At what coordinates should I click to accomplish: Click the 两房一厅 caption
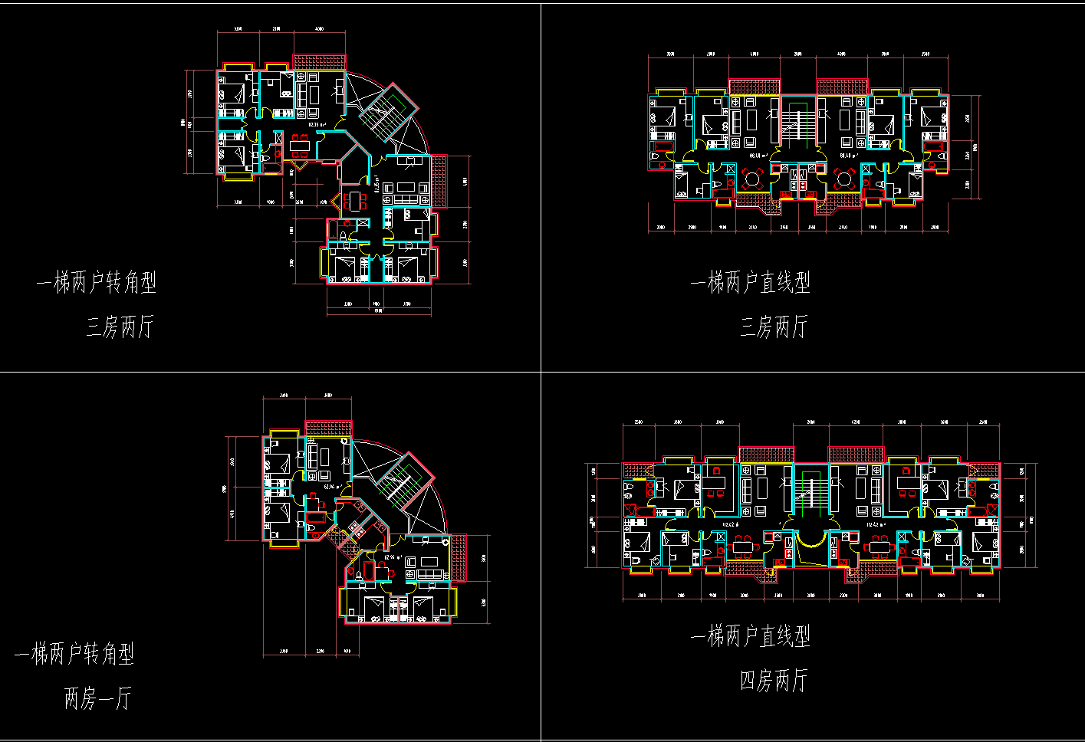(x=97, y=698)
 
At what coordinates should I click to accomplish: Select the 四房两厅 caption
(x=773, y=680)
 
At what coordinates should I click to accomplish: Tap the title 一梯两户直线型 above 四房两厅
(x=751, y=635)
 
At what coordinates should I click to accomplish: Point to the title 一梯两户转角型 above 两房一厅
(x=74, y=654)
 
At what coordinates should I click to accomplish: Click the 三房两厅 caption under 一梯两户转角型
(x=120, y=327)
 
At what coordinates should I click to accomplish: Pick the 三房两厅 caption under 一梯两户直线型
(x=773, y=327)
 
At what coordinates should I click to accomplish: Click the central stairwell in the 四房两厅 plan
(x=810, y=491)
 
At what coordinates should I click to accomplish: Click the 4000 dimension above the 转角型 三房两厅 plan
(x=319, y=29)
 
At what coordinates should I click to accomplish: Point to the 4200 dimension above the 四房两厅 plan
(x=856, y=422)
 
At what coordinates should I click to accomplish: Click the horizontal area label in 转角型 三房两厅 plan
(x=318, y=123)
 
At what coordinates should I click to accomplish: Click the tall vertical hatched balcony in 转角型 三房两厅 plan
(x=439, y=181)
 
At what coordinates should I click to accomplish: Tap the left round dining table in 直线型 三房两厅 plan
(x=752, y=179)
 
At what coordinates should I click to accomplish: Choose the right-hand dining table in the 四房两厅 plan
(x=880, y=547)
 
